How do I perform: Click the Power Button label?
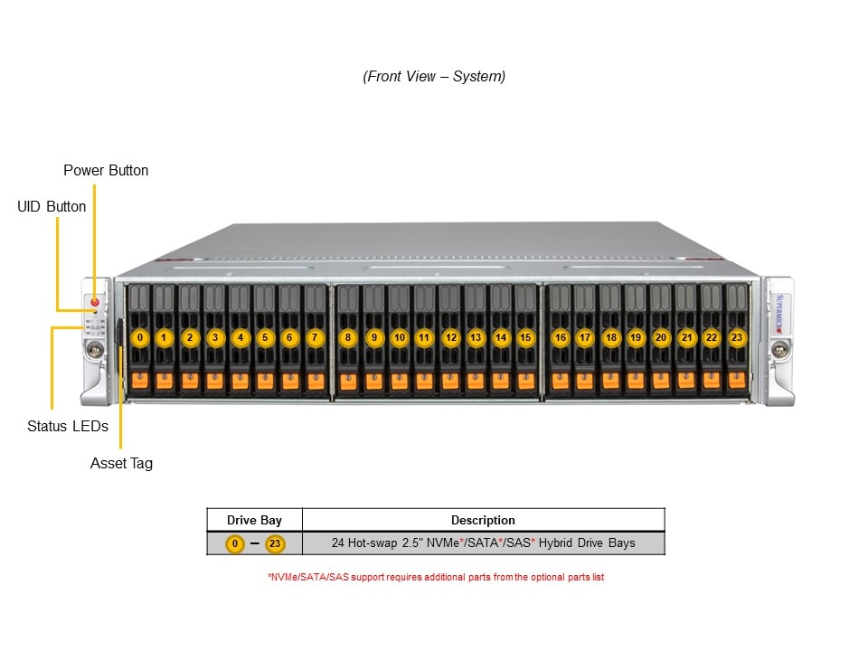point(106,170)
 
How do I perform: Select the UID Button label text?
point(52,206)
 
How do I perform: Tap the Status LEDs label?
point(68,426)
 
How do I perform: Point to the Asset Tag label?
point(121,463)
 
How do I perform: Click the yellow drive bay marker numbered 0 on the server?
point(139,337)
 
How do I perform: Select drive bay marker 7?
point(314,337)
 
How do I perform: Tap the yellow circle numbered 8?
point(348,337)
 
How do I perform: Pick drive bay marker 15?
point(525,337)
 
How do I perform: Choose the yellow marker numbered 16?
point(561,337)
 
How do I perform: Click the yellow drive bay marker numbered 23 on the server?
point(737,337)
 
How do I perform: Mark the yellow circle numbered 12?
point(450,337)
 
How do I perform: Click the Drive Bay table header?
point(254,520)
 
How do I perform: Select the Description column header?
point(483,520)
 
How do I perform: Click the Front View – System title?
point(434,76)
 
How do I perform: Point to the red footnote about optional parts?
point(435,577)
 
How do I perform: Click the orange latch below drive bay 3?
point(214,381)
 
